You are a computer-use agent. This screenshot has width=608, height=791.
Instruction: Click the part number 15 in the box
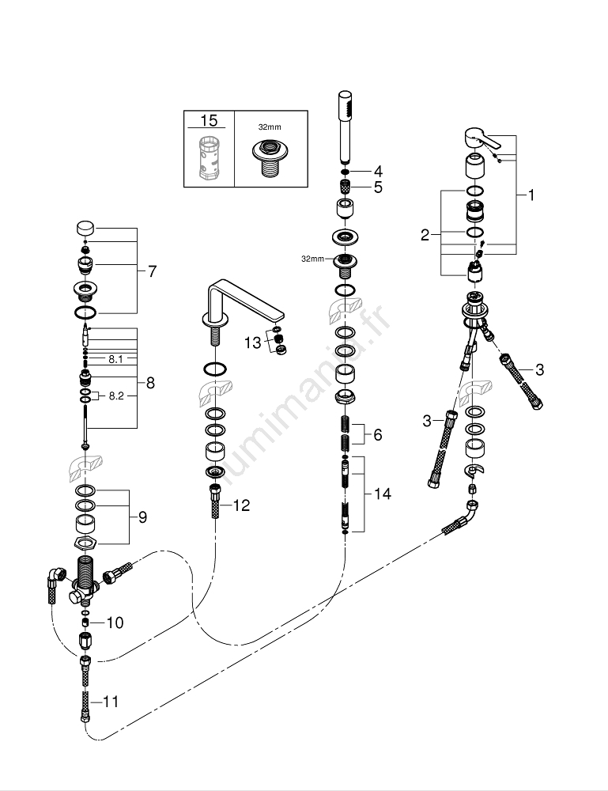[x=209, y=121]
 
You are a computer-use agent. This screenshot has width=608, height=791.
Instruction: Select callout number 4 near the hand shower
[x=378, y=171]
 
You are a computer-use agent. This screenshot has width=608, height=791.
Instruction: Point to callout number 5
[x=378, y=187]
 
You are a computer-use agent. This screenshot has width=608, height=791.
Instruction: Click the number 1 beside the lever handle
[x=531, y=194]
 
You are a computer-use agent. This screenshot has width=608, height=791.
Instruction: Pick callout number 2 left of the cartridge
[x=425, y=234]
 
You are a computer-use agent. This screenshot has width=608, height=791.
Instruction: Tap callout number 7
[x=152, y=271]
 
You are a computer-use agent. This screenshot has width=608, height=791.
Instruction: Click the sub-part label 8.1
[x=116, y=358]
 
